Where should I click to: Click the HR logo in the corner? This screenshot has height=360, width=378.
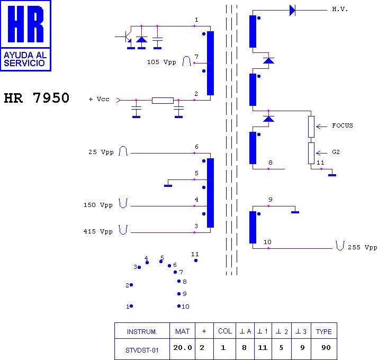26,35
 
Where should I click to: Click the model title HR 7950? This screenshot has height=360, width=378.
37,98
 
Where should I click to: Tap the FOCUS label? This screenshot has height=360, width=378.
342,126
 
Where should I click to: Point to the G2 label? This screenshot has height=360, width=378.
336,152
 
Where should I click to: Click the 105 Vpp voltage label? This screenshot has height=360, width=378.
161,62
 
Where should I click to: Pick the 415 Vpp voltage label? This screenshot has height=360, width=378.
98,232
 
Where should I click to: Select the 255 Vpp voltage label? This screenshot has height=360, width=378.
363,247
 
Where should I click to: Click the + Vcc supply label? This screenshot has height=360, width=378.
99,100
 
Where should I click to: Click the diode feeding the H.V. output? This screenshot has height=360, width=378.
292,10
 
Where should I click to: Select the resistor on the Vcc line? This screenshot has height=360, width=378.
163,100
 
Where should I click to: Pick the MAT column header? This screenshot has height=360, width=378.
182,332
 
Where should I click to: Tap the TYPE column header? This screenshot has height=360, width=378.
323,332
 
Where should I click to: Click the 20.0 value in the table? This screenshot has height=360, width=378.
182,348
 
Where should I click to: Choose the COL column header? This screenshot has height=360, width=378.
225,331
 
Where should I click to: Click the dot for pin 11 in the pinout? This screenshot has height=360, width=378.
196,260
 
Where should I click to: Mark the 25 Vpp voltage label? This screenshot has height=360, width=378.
101,152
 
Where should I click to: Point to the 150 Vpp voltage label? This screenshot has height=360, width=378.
98,205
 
